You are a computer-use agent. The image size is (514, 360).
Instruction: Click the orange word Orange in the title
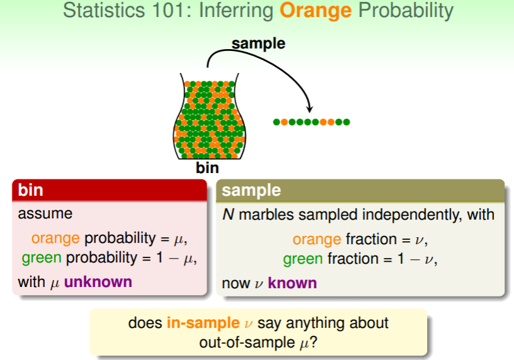click(316, 11)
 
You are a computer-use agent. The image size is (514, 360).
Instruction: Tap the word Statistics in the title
click(103, 10)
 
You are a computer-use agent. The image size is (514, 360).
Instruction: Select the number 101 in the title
click(168, 10)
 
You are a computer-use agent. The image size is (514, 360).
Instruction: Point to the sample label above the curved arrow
click(258, 44)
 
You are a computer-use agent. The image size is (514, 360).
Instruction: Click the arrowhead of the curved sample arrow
click(309, 109)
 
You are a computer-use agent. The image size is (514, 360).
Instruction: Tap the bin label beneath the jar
click(207, 167)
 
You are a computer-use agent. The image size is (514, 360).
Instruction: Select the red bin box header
click(110, 190)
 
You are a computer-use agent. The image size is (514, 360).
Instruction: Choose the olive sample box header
click(360, 190)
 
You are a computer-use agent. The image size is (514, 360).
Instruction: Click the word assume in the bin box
click(45, 214)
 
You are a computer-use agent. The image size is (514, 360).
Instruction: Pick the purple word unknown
click(98, 282)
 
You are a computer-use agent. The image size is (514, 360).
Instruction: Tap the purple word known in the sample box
click(292, 283)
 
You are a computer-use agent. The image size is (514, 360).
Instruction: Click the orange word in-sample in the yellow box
click(203, 323)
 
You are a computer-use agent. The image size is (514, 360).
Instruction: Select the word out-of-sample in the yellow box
click(247, 342)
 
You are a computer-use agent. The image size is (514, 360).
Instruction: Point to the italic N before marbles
click(228, 215)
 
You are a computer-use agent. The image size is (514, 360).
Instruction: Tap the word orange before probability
click(55, 239)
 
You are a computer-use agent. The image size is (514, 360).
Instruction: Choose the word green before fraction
click(303, 259)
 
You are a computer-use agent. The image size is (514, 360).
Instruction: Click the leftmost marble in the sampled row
click(277, 122)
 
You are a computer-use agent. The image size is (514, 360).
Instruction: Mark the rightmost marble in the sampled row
click(346, 122)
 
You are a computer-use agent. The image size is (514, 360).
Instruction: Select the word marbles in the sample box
click(266, 215)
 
